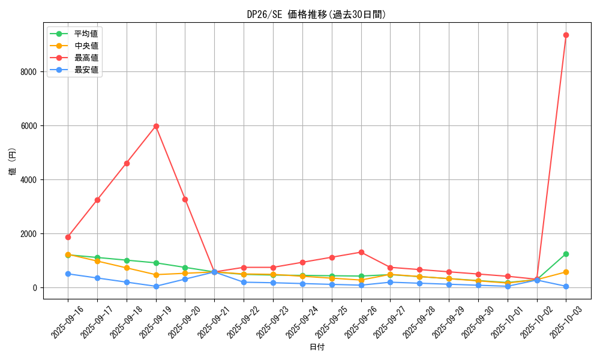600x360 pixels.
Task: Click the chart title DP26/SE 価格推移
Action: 317,14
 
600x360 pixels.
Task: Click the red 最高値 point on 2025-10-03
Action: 566,35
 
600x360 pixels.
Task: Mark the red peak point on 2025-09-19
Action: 156,126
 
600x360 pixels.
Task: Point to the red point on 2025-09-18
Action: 127,163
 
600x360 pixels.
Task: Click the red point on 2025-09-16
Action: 68,237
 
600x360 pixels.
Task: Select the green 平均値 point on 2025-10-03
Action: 566,254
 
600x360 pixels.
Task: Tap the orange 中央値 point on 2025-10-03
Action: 566,272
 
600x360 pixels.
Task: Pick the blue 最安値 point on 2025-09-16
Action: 68,274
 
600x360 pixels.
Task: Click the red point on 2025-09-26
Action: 361,252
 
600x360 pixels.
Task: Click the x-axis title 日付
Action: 317,347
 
